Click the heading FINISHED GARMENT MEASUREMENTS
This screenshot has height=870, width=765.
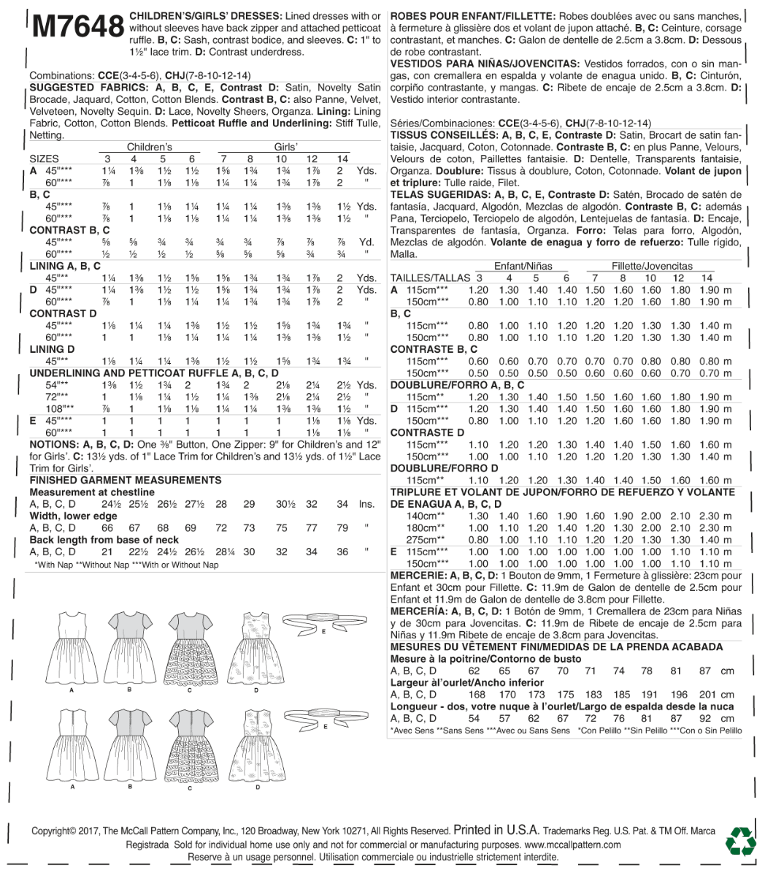pos(125,481)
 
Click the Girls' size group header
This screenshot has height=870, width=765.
pos(285,147)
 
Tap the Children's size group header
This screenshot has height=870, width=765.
pos(150,147)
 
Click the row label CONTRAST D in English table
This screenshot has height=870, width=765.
pos(63,313)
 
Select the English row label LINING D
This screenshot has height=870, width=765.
pos(52,349)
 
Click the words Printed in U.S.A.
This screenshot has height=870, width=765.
pos(496,830)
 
